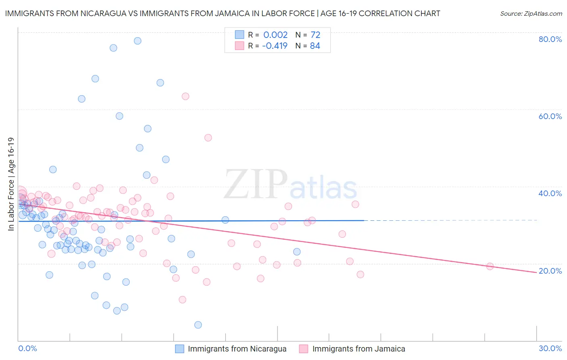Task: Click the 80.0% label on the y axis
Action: click(x=550, y=39)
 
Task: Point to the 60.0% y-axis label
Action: click(x=550, y=116)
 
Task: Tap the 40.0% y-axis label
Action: click(x=550, y=193)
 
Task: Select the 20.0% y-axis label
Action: click(x=550, y=271)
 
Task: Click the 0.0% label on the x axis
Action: click(x=27, y=348)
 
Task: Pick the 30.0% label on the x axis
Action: click(x=550, y=348)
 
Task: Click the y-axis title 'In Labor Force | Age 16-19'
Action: click(x=11, y=184)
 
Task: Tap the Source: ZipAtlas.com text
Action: click(x=531, y=13)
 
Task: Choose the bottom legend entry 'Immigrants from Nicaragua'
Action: click(x=237, y=349)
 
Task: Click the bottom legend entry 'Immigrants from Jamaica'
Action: click(x=359, y=349)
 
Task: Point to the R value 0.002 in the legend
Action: click(x=275, y=35)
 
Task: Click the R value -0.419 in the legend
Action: click(x=275, y=46)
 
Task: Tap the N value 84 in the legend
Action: click(x=315, y=46)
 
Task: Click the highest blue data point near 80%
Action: click(x=138, y=41)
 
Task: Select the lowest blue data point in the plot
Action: click(x=198, y=325)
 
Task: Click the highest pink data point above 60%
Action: click(x=186, y=96)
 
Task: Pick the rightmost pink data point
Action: click(x=490, y=266)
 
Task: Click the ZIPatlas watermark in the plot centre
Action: click(x=290, y=185)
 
